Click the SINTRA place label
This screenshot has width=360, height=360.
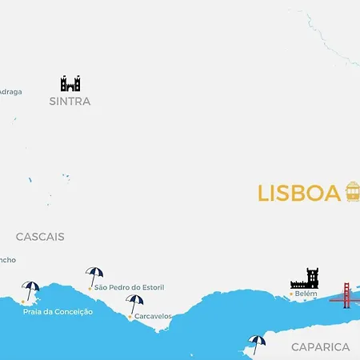tap(70, 102)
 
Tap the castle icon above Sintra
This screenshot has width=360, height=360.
tap(70, 83)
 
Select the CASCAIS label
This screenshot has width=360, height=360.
tap(40, 237)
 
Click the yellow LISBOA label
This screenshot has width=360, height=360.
tap(299, 194)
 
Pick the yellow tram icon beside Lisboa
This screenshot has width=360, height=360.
tap(352, 192)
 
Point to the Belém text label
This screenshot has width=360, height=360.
tap(306, 294)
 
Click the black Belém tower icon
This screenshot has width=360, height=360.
tap(305, 278)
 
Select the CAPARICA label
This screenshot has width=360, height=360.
tap(320, 347)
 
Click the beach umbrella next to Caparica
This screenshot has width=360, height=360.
tap(257, 344)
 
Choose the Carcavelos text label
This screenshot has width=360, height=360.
tap(153, 316)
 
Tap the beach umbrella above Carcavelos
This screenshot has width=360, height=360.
tap(134, 304)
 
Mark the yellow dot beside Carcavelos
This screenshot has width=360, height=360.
tap(130, 317)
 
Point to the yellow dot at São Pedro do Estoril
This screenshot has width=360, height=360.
tap(90, 287)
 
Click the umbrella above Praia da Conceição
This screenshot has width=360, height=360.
tap(31, 290)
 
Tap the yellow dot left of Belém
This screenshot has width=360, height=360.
tap(290, 295)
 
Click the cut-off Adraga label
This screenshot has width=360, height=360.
tap(10, 91)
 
